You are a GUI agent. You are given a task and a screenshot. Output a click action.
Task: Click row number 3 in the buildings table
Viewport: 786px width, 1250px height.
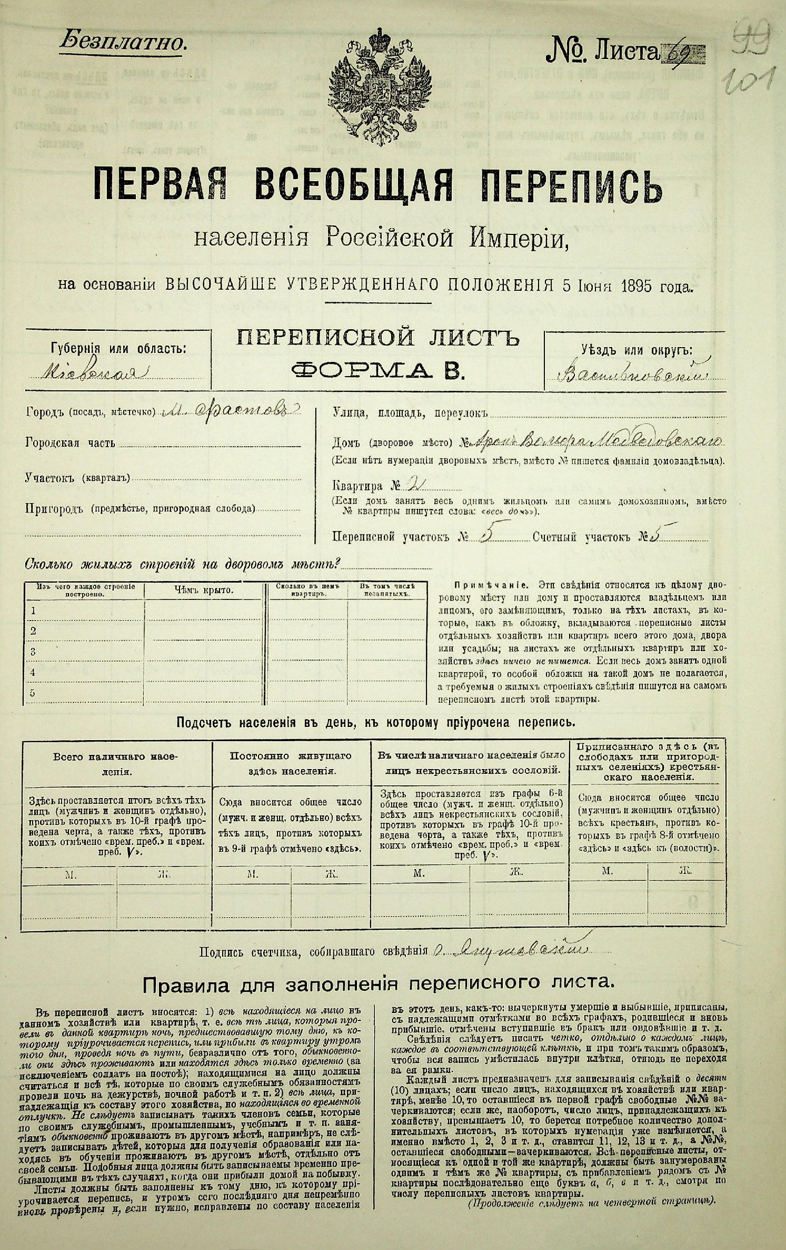(x=34, y=652)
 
